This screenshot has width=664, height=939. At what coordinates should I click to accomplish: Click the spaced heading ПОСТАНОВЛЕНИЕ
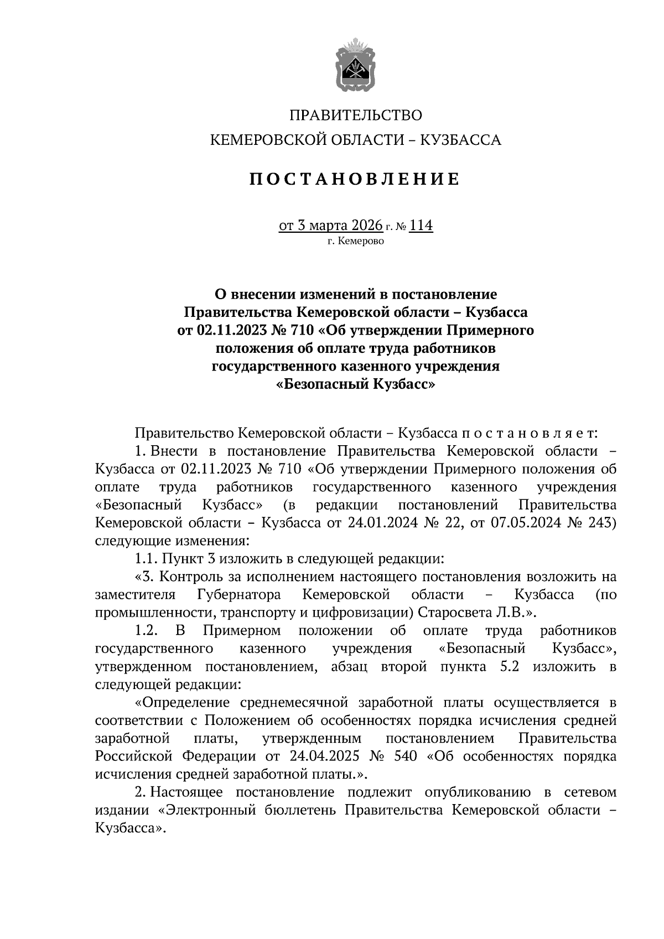[355, 180]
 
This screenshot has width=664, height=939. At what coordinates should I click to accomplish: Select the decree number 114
[421, 226]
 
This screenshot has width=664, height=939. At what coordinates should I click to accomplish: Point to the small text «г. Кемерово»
[355, 241]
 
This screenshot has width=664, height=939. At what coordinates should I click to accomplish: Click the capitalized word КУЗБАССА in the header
[461, 140]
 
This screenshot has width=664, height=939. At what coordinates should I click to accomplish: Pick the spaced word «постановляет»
[530, 433]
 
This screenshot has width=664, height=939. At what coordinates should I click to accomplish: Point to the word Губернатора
[238, 595]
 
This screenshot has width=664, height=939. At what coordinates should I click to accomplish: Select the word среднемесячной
[294, 703]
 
